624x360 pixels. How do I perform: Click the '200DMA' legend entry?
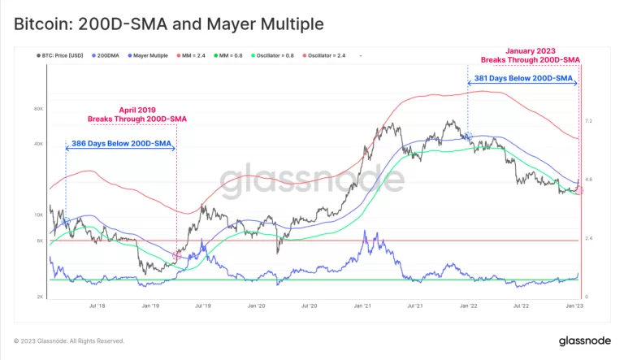109,55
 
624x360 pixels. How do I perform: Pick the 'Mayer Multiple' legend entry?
150,55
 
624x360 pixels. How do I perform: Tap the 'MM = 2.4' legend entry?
199,55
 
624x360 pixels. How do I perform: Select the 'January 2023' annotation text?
531,50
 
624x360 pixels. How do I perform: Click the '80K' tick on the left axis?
37,108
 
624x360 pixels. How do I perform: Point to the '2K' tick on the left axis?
39,297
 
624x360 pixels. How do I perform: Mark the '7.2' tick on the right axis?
589,121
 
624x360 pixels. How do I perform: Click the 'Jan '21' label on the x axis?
362,306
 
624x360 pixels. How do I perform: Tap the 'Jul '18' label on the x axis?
97,306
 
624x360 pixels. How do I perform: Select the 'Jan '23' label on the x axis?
574,306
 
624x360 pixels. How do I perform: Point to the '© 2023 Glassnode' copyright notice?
69,341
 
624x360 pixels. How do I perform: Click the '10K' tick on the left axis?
37,215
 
